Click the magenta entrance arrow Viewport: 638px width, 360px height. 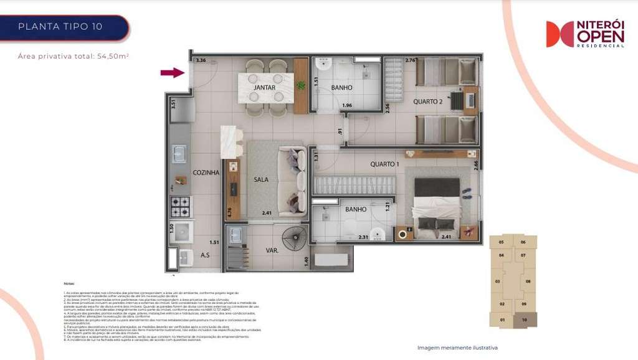click(173, 73)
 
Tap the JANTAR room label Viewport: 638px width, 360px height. click(265, 88)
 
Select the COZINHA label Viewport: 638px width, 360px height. click(206, 173)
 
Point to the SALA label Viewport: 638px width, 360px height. click(260, 179)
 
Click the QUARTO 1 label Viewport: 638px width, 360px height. click(384, 164)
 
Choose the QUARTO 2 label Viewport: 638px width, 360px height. click(428, 102)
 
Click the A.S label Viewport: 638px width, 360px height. click(206, 254)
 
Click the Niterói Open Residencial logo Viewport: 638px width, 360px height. click(585, 34)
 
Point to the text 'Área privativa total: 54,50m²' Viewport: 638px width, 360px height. click(74, 56)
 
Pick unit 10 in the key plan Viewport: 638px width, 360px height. click(525, 320)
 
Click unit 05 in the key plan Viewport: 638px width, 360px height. click(501, 242)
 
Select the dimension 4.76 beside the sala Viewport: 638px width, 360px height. click(229, 212)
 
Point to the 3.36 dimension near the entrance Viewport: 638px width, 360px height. click(200, 60)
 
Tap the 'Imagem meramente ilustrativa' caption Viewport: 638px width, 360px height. click(457, 348)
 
